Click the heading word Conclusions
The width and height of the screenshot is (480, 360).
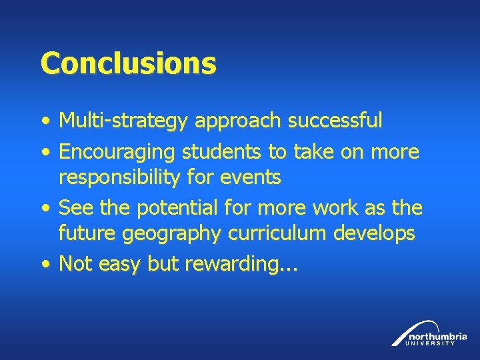(128, 64)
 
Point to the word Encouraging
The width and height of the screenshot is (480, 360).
(117, 153)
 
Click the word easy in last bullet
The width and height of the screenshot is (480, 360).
(119, 265)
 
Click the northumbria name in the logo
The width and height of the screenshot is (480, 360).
(438, 335)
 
